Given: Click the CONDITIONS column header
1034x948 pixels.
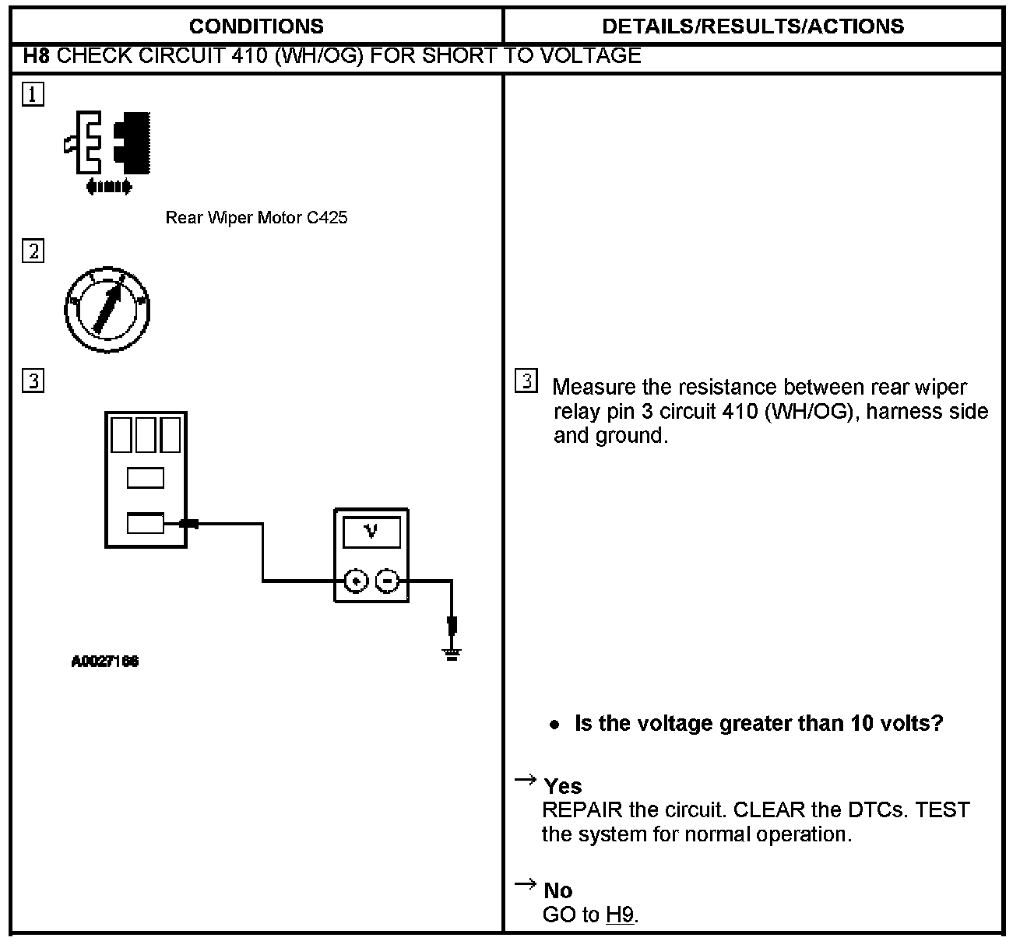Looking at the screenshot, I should tap(256, 26).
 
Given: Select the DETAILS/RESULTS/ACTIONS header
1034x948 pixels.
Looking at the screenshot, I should tap(753, 26).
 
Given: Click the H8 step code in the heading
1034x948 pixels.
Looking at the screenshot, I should tap(37, 56).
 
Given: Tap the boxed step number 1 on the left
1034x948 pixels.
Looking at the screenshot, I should tap(33, 95).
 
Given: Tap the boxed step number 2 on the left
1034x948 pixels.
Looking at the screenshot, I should tap(33, 251).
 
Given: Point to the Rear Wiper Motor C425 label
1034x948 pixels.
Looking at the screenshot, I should tap(256, 218).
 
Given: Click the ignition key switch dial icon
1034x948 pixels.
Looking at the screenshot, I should tap(107, 311).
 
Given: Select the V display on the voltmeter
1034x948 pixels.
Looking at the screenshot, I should tap(371, 532).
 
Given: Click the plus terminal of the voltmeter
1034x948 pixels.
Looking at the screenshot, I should tap(356, 581).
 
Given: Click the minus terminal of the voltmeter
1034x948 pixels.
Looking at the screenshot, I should tap(388, 581).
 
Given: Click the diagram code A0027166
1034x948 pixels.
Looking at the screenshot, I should tap(105, 662).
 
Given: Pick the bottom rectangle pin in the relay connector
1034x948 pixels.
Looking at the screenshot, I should tap(146, 524).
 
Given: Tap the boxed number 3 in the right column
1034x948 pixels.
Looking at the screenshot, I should tap(526, 381).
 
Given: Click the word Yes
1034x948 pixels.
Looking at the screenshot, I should tap(563, 786).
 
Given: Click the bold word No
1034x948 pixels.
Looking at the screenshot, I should tap(558, 890).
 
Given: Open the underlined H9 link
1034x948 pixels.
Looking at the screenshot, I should tap(620, 915).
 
